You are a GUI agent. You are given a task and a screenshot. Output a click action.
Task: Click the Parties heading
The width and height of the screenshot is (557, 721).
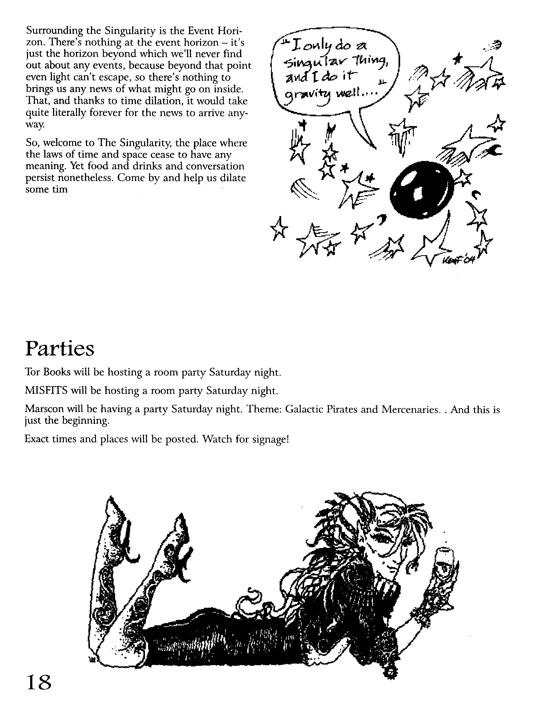(60, 349)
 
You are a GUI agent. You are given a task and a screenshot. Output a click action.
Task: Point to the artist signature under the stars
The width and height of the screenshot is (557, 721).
(459, 260)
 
